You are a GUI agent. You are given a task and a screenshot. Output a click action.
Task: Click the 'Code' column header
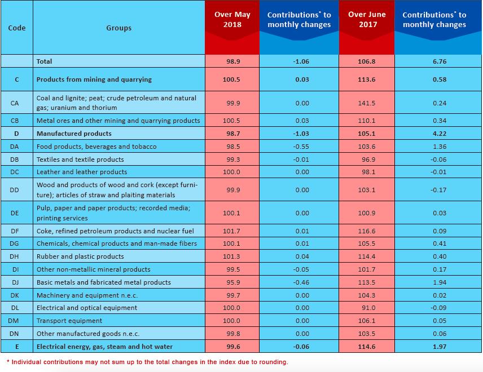point(16,28)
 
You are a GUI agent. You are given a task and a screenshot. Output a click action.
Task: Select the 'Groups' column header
point(119,28)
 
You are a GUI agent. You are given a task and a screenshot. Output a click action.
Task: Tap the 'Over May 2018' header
point(232,19)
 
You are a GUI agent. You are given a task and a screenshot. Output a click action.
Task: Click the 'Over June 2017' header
point(367,19)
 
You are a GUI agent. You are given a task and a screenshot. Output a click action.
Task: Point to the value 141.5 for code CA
point(367,103)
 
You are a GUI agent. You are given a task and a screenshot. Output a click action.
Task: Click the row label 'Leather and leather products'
point(82,172)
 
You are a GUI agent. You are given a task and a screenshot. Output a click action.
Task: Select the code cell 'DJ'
point(15,282)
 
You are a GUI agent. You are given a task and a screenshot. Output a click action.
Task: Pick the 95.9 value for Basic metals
point(233,282)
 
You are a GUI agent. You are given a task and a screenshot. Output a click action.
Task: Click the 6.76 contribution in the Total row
point(440,61)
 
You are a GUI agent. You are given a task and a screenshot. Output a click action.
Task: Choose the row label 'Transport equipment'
point(69,321)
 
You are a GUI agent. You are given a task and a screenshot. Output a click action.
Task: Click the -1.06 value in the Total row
point(301,61)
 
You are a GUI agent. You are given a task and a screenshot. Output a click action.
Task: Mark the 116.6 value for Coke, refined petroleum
point(367,231)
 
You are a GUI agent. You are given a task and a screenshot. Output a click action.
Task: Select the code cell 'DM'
point(14,321)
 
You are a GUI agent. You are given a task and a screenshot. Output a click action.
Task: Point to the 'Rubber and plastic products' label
point(80,256)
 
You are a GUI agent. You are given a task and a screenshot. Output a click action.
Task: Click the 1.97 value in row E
point(440,347)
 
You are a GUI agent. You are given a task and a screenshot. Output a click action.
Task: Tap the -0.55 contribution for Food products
point(301,147)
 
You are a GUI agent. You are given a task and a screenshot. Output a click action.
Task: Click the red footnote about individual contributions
point(147,362)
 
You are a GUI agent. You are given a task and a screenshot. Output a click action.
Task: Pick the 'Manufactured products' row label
point(74,134)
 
